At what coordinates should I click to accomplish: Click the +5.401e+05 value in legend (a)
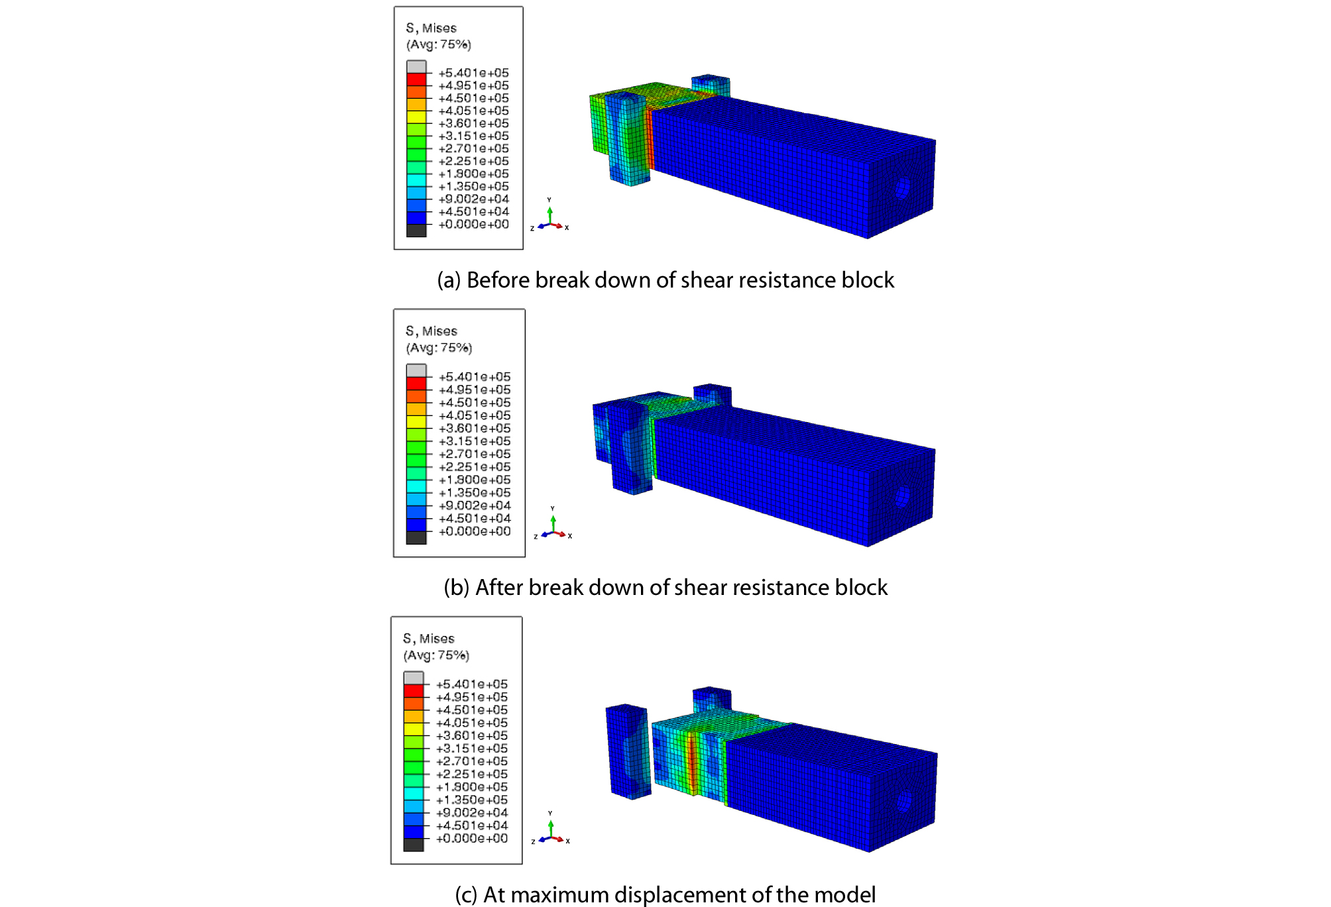point(473,73)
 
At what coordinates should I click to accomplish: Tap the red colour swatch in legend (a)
point(416,80)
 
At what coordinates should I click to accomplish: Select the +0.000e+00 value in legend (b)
point(475,531)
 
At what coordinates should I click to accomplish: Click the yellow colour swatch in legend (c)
point(414,729)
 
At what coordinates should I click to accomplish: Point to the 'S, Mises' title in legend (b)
point(432,331)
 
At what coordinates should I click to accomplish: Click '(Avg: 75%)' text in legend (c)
point(436,655)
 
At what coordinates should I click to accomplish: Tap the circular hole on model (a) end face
point(901,189)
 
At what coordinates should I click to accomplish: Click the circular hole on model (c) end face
point(903,801)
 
